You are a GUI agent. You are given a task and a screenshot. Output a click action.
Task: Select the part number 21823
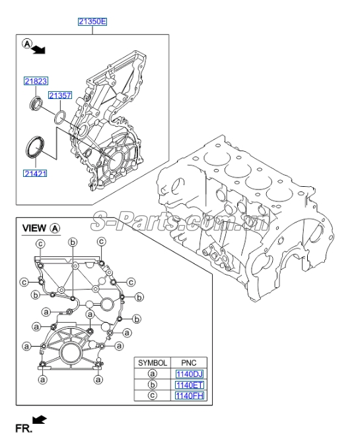36,81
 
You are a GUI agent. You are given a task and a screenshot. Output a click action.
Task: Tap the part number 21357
59,96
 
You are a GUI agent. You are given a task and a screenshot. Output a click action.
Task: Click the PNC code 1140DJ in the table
190,374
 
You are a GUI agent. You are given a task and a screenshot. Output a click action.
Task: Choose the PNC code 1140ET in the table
190,385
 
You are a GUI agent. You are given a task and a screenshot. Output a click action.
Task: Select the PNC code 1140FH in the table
190,396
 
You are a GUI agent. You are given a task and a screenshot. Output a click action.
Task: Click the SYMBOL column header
152,362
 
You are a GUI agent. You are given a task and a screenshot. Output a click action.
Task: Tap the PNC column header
190,362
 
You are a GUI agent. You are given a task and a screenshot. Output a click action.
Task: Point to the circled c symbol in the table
152,396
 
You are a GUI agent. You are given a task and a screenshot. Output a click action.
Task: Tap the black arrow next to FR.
40,420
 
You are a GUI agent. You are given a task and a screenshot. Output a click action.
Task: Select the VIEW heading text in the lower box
34,228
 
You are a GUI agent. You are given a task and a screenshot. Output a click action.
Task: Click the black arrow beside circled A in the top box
39,49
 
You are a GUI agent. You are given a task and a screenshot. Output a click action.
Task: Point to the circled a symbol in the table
152,374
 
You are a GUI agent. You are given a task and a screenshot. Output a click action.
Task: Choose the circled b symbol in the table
152,385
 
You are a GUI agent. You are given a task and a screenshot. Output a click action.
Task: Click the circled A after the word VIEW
55,228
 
